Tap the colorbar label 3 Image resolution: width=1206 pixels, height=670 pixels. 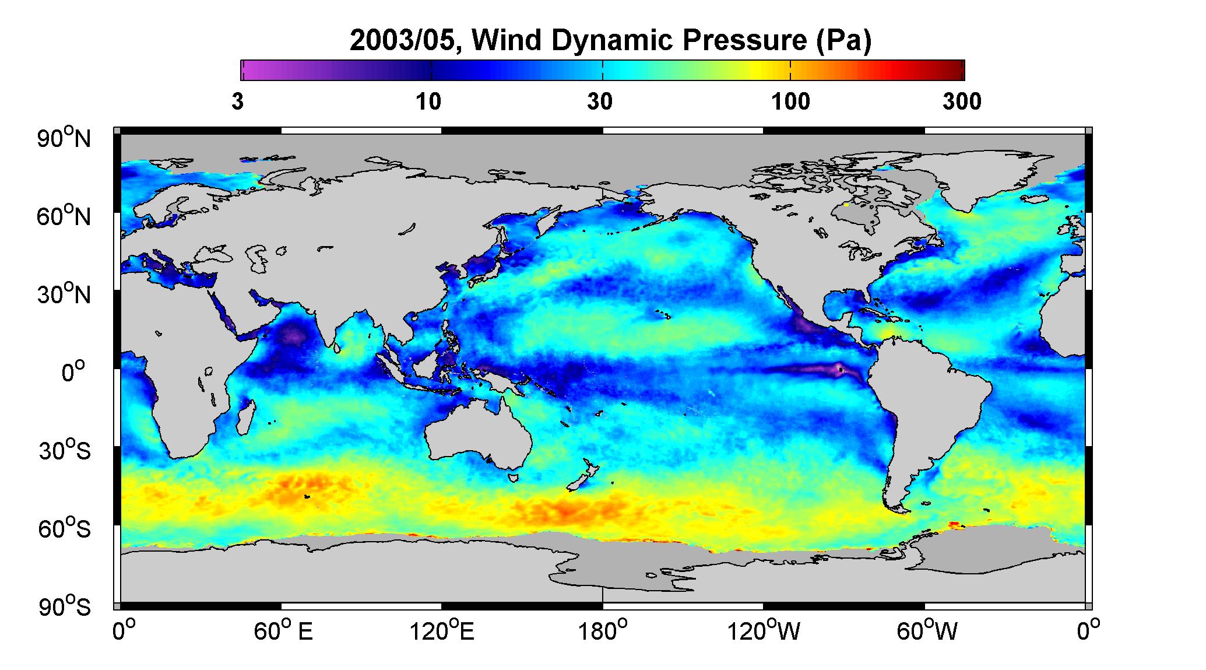237,102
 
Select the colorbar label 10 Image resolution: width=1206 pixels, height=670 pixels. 428,102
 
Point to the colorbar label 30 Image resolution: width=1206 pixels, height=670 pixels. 600,102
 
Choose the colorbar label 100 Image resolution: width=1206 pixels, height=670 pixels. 790,102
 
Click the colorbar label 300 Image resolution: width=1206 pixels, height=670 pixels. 962,102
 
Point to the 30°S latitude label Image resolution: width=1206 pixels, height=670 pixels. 65,450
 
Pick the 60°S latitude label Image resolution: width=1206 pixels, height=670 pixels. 65,528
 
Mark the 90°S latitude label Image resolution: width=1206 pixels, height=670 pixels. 65,606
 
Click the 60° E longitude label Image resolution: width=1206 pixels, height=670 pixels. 283,631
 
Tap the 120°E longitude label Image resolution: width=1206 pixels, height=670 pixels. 442,631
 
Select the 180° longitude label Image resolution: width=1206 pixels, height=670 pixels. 603,631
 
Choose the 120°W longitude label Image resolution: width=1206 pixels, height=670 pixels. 764,631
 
